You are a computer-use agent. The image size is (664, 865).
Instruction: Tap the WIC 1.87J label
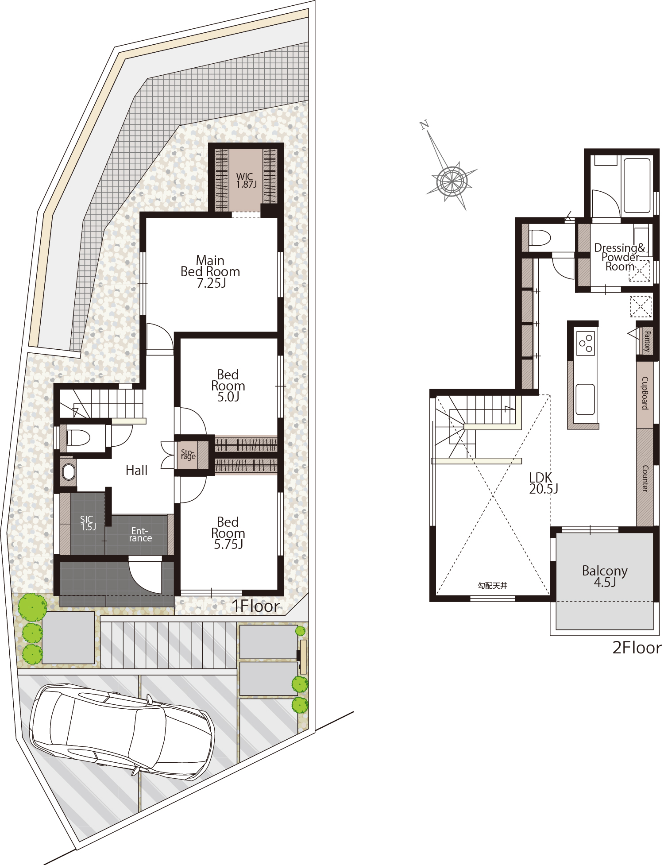[x=246, y=181]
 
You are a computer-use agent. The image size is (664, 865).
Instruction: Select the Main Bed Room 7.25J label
[x=210, y=272]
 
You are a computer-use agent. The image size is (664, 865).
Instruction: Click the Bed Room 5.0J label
[x=228, y=386]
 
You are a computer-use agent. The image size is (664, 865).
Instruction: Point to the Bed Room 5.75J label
[x=228, y=533]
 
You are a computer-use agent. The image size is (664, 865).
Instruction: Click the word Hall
[x=136, y=470]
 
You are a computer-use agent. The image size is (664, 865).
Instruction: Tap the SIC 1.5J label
[x=88, y=523]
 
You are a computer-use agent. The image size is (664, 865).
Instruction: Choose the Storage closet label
[x=188, y=454]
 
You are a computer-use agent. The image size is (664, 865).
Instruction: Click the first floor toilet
[x=79, y=438]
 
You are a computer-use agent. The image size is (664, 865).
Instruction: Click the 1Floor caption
[x=256, y=606]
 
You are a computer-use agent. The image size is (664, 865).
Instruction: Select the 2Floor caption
[x=637, y=648]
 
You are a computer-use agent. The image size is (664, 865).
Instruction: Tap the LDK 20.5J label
[x=543, y=483]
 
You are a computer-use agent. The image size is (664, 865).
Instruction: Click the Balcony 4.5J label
[x=605, y=576]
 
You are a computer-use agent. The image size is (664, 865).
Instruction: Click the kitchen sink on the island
[x=585, y=399]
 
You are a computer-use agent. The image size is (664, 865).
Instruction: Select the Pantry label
[x=647, y=341]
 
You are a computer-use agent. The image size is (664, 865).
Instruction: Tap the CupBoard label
[x=645, y=393]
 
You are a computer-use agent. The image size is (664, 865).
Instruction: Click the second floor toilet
[x=540, y=238]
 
